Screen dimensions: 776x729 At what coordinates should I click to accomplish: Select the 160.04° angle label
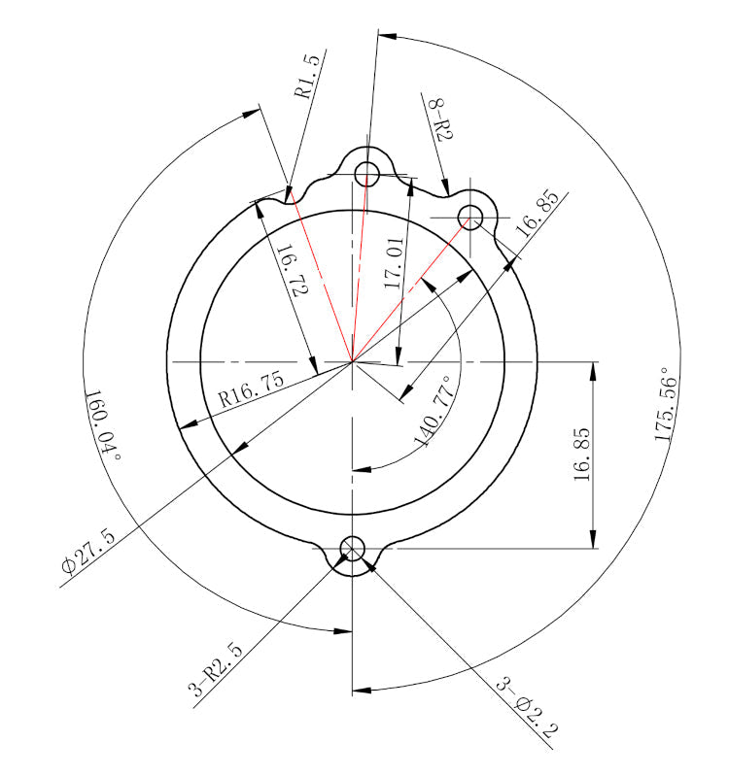101,425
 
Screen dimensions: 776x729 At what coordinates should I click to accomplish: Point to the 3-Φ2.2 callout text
526,709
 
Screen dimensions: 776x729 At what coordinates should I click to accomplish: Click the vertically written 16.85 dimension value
582,453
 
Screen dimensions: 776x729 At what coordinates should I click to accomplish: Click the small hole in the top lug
367,174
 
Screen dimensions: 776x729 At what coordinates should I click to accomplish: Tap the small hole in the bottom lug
352,549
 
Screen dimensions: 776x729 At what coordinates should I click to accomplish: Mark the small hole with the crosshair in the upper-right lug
471,216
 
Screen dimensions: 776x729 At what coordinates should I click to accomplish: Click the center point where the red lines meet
352,362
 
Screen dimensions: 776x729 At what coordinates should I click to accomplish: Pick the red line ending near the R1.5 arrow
321,282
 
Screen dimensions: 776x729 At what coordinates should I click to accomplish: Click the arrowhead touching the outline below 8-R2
446,189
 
